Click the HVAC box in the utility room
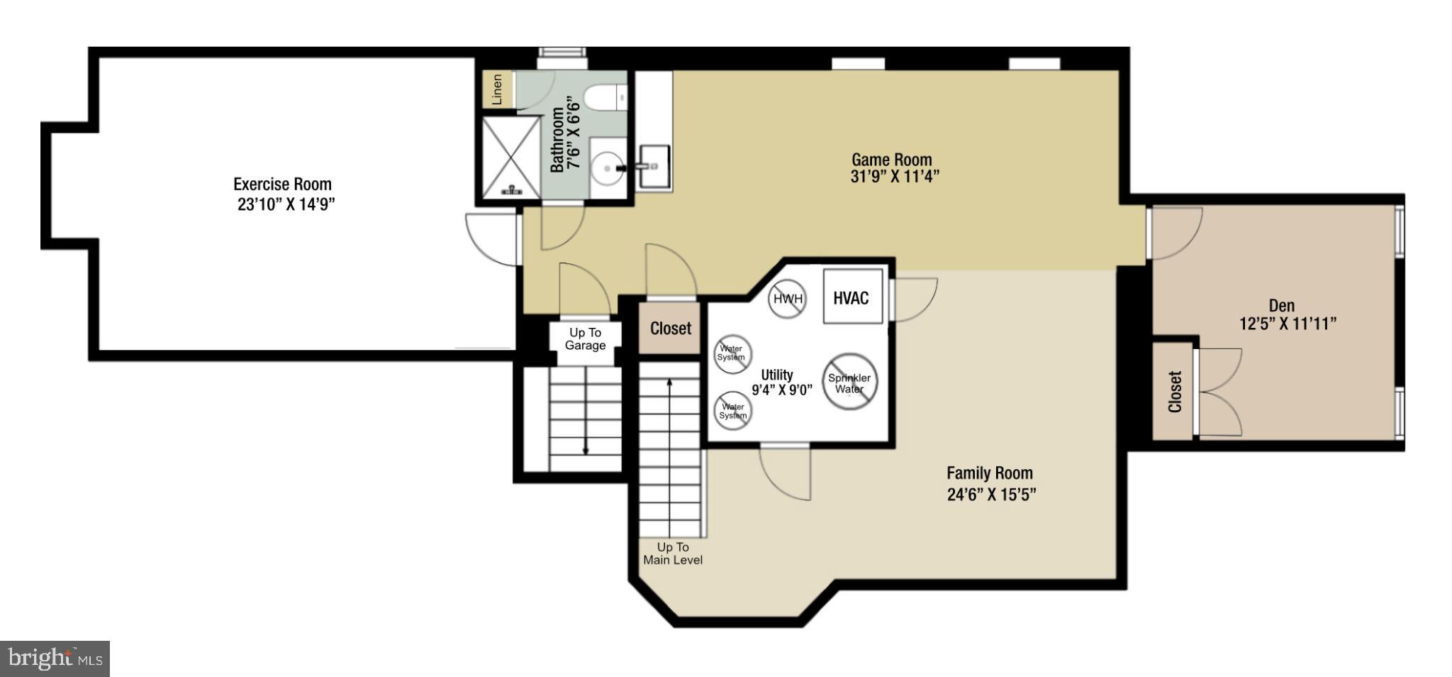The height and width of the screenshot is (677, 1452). [852, 297]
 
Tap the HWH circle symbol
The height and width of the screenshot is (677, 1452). [788, 299]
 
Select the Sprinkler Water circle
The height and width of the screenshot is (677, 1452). [849, 382]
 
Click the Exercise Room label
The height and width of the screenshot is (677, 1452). [283, 185]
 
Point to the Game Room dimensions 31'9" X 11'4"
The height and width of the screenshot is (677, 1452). [895, 177]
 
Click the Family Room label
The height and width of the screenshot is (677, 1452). [990, 473]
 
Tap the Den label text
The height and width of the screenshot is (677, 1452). [1281, 306]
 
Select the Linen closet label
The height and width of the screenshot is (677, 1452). [497, 89]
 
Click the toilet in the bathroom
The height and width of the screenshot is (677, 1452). [607, 98]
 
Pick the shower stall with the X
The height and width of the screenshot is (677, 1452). [511, 158]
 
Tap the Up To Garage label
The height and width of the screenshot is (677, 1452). [585, 339]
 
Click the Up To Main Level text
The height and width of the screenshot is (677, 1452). [673, 554]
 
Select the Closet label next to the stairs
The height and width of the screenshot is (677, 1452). [670, 329]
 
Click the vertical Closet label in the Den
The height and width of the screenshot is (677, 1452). [1174, 391]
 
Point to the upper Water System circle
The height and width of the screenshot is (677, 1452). [732, 353]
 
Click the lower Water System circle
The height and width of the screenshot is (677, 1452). [732, 411]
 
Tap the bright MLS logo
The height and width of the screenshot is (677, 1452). [55, 659]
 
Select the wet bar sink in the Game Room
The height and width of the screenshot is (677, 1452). [654, 166]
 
